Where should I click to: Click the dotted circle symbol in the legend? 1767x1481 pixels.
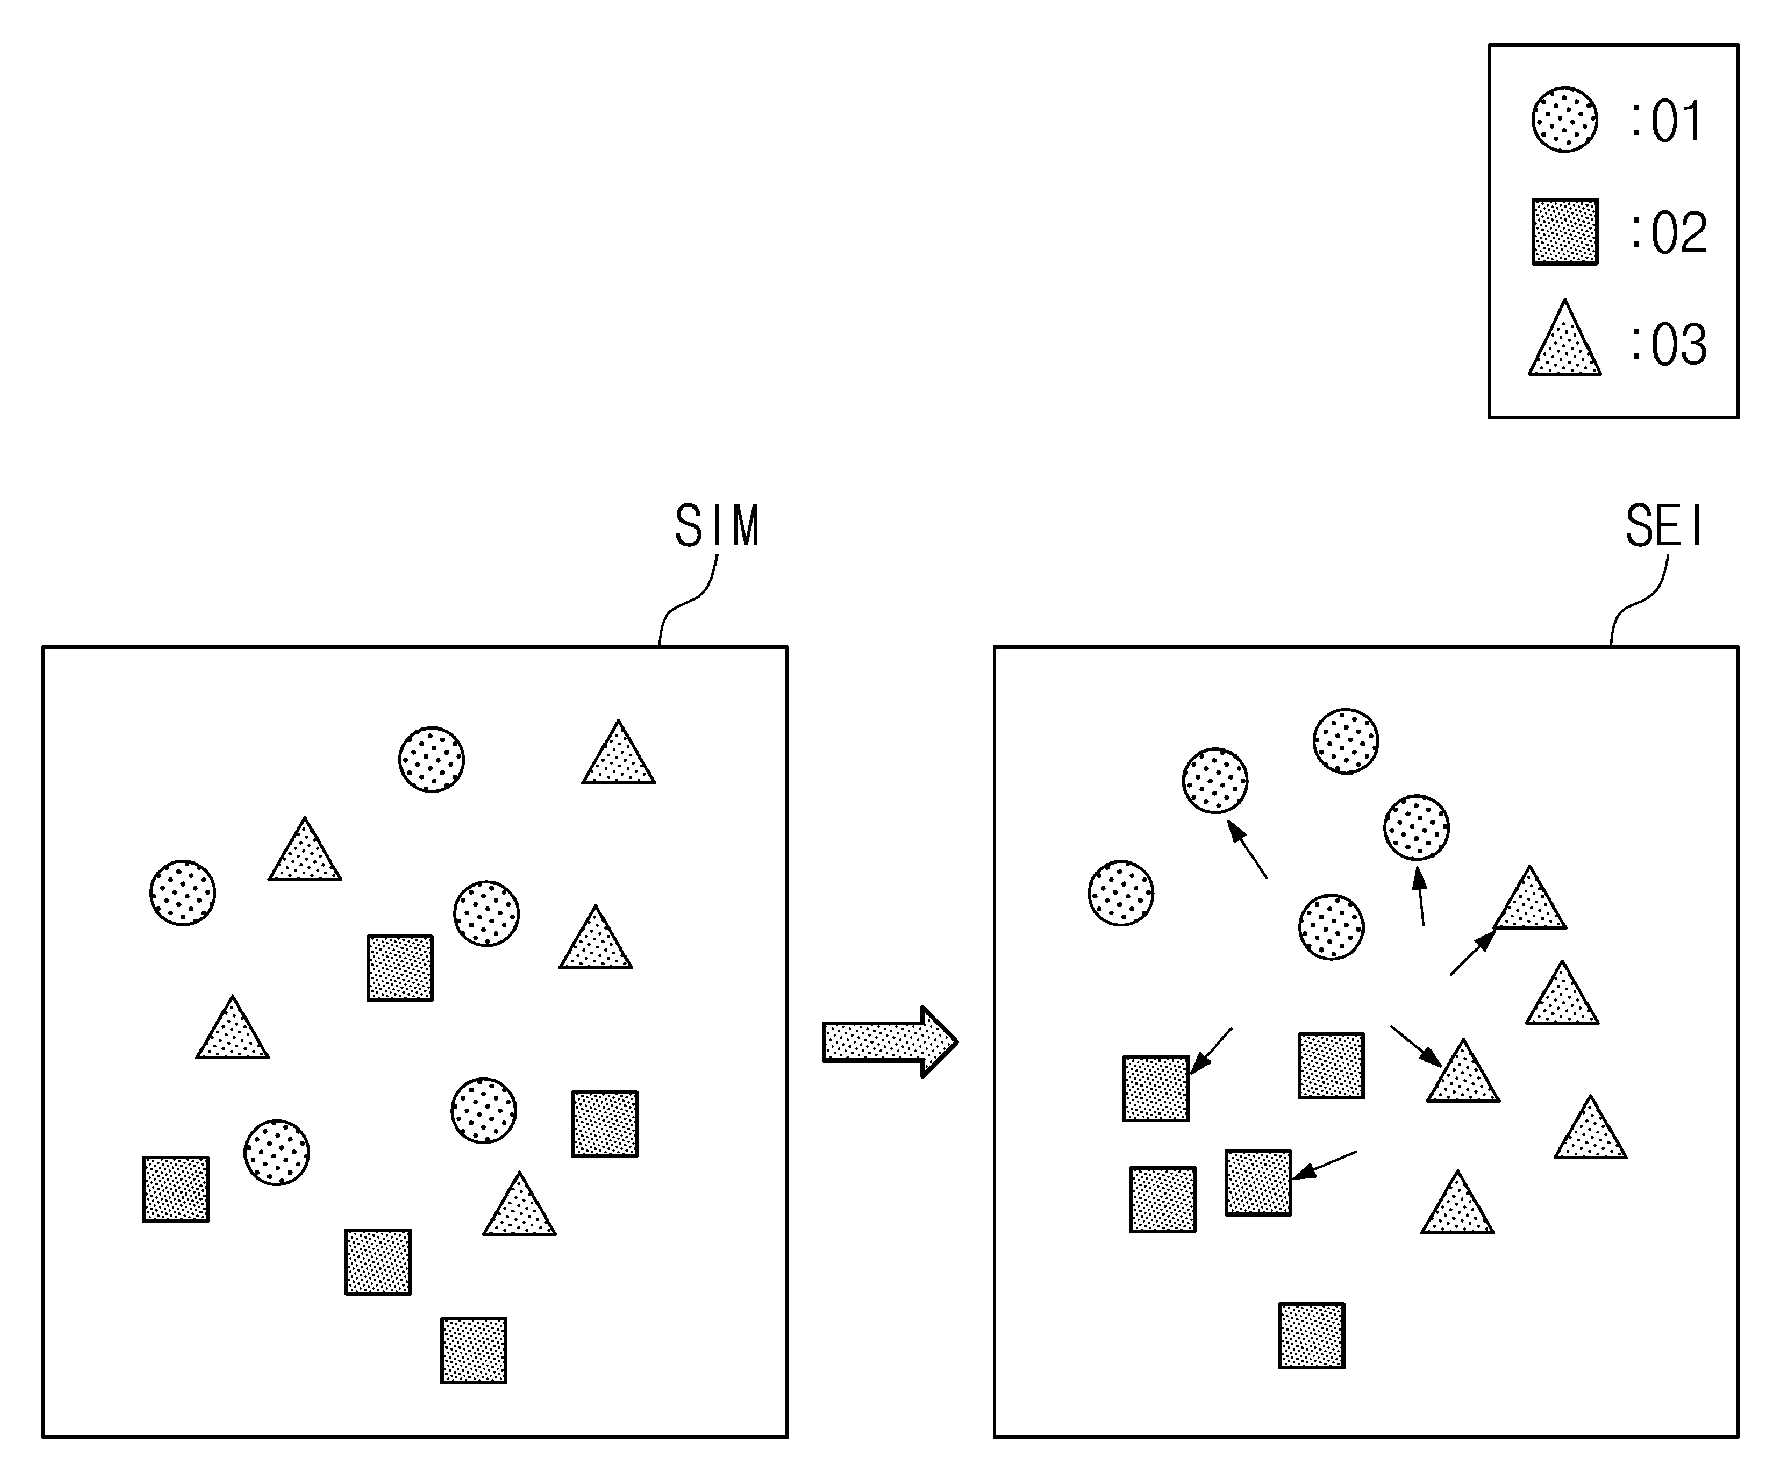pyautogui.click(x=1564, y=120)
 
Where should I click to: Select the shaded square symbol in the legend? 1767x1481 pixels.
pyautogui.click(x=1564, y=231)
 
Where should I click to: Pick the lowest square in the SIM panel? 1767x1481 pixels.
pyautogui.click(x=474, y=1351)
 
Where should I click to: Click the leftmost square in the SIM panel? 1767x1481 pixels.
pyautogui.click(x=176, y=1189)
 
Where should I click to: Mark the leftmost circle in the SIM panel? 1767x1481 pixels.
pyautogui.click(x=183, y=893)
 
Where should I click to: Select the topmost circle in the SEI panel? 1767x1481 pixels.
pyautogui.click(x=1346, y=741)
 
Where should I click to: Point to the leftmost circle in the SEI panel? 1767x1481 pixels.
pyautogui.click(x=1121, y=893)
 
